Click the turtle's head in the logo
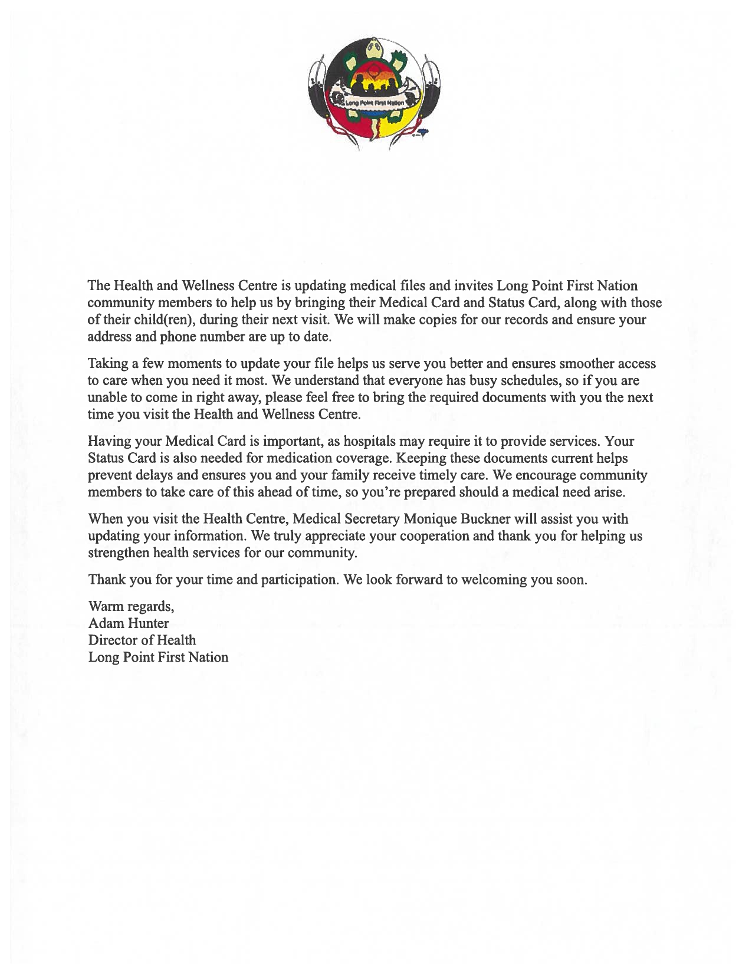point(375,47)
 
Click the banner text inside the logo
point(375,103)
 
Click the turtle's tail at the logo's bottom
point(373,139)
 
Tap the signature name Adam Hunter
point(128,623)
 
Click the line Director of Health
point(142,640)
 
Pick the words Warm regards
point(130,606)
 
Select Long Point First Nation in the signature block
point(158,658)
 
